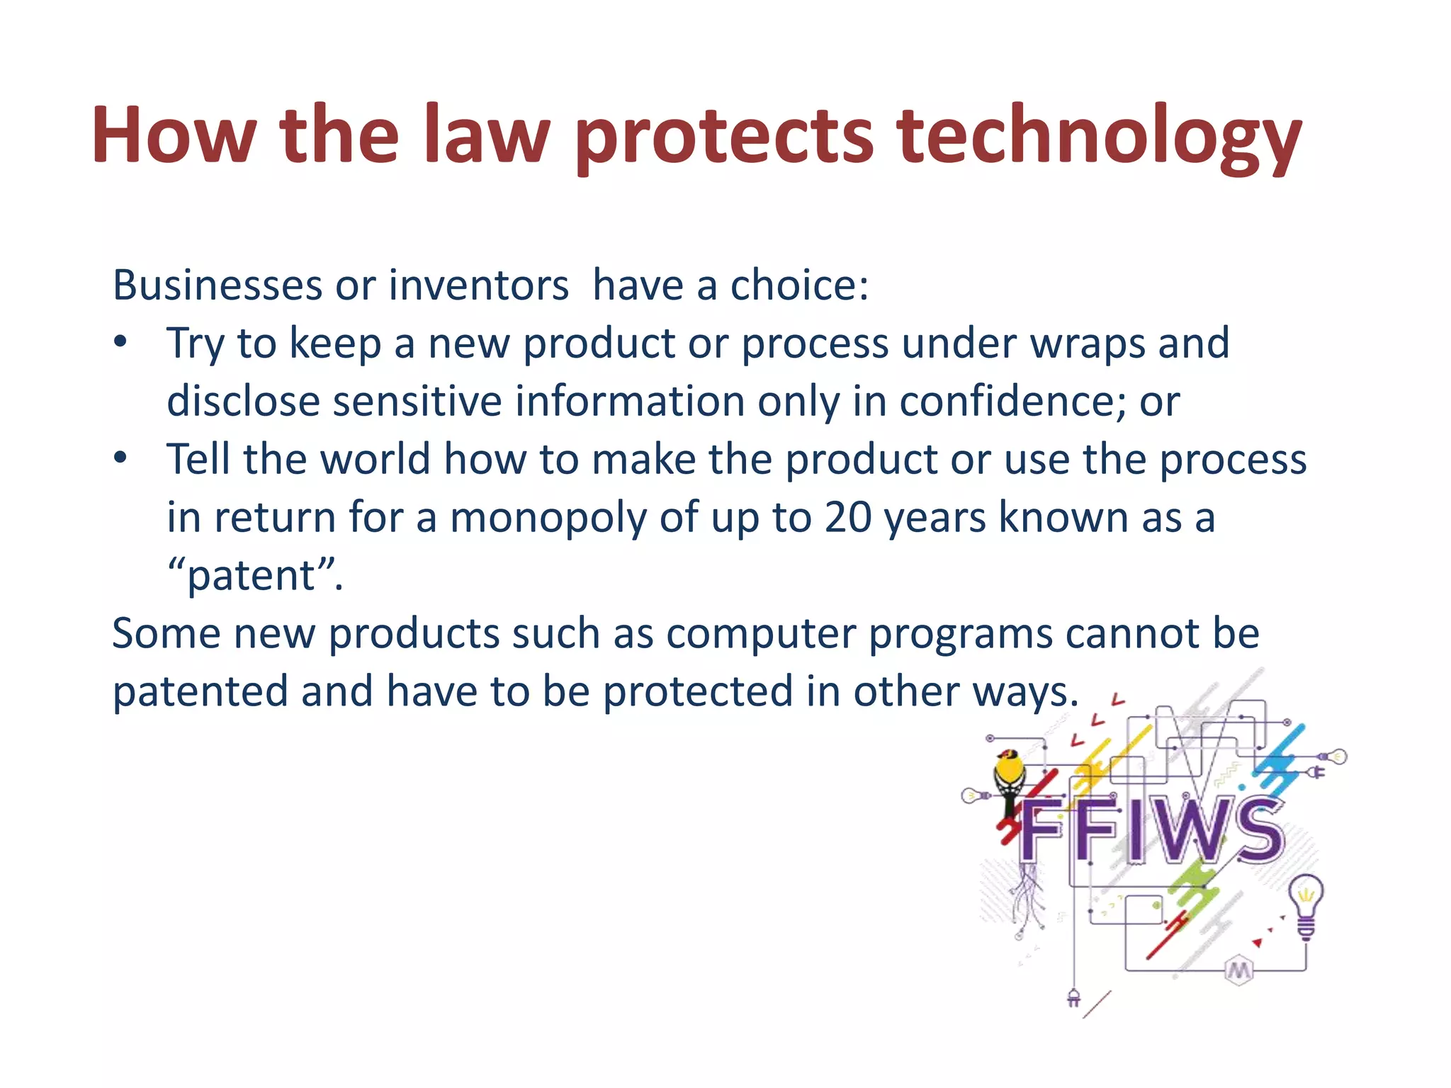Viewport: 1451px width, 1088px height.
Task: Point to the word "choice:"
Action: [799, 285]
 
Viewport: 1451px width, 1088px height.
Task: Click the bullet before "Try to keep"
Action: [120, 342]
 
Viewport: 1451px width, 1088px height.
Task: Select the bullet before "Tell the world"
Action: [120, 458]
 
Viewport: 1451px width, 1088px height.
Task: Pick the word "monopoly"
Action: [548, 518]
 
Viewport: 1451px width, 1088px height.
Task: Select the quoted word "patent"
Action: [252, 576]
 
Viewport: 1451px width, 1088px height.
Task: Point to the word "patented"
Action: [200, 692]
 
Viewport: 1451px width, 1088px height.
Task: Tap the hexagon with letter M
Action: [1238, 970]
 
